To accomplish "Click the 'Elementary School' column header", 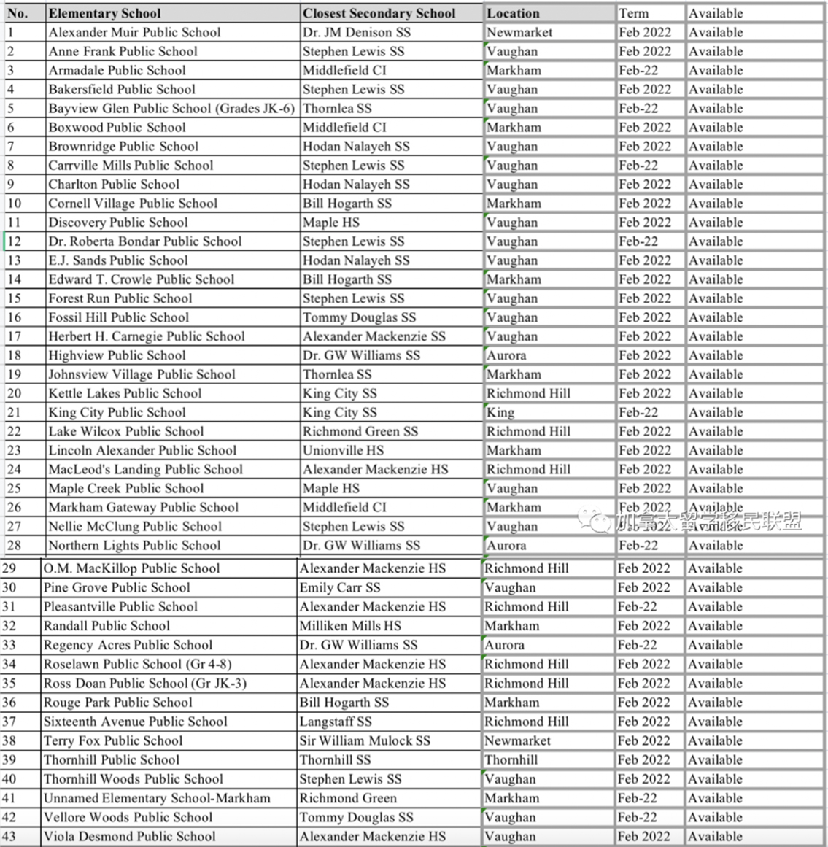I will click(x=104, y=13).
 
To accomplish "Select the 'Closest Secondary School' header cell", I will click(x=379, y=13).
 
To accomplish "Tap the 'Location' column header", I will click(x=513, y=13).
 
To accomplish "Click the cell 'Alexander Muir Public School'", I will click(x=134, y=32).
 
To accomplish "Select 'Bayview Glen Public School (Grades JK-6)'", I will click(x=171, y=108).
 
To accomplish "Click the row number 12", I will click(x=14, y=241).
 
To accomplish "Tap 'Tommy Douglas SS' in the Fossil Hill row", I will click(x=359, y=317).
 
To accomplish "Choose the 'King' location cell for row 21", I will click(x=500, y=412).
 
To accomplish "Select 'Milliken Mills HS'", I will click(x=350, y=626).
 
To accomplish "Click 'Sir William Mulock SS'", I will click(x=365, y=740).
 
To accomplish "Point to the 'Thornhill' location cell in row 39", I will click(x=511, y=759).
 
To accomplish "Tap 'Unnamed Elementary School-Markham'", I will click(x=156, y=798).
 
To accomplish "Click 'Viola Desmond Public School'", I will click(x=129, y=836).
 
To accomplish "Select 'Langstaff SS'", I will click(x=335, y=722).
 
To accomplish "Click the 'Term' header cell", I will click(x=633, y=13).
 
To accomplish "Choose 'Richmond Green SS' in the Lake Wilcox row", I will click(x=360, y=431).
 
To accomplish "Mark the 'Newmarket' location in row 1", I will click(x=519, y=32).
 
